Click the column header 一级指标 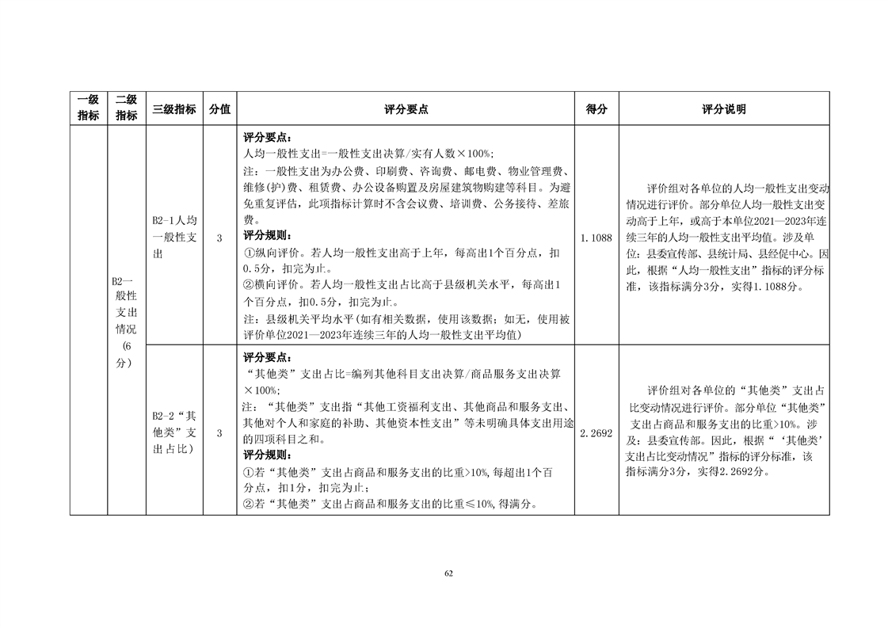point(88,108)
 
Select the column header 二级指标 point(127,108)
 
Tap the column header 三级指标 point(174,109)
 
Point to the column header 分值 point(219,109)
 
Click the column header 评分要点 point(406,109)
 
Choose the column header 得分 point(596,109)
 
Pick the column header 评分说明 point(723,109)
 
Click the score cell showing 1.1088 point(596,237)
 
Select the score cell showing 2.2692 point(596,433)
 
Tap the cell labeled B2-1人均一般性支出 point(174,237)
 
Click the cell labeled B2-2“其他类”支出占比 point(174,433)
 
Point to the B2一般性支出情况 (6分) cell point(127,322)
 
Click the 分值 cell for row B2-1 point(219,237)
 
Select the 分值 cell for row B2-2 point(219,433)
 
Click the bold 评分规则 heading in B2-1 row point(267,235)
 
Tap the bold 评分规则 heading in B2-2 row point(267,455)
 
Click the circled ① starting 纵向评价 point(248,253)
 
